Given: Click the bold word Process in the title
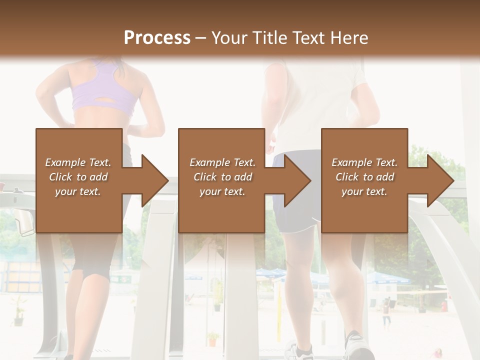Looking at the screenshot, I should [157, 38].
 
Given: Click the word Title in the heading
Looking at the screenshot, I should [270, 38].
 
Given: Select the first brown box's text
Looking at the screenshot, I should [78, 177].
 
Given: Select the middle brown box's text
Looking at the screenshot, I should [222, 177].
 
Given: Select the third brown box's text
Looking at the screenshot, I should [364, 177].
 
